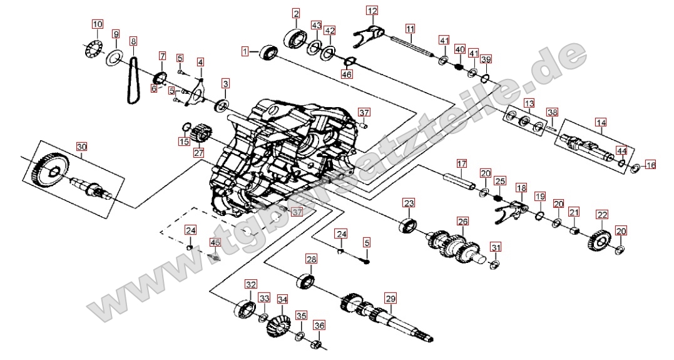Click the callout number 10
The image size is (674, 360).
[x=97, y=24]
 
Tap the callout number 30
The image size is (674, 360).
[x=82, y=147]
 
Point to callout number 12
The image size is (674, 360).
[x=372, y=11]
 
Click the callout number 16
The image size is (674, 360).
[x=651, y=165]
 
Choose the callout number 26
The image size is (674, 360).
[x=462, y=221]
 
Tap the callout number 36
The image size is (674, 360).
[x=320, y=325]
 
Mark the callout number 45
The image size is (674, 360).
[x=215, y=242]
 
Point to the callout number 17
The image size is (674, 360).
[x=462, y=164]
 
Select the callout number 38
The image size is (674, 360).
[x=551, y=113]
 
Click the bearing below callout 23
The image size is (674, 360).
[x=409, y=224]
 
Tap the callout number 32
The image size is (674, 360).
[x=251, y=284]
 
